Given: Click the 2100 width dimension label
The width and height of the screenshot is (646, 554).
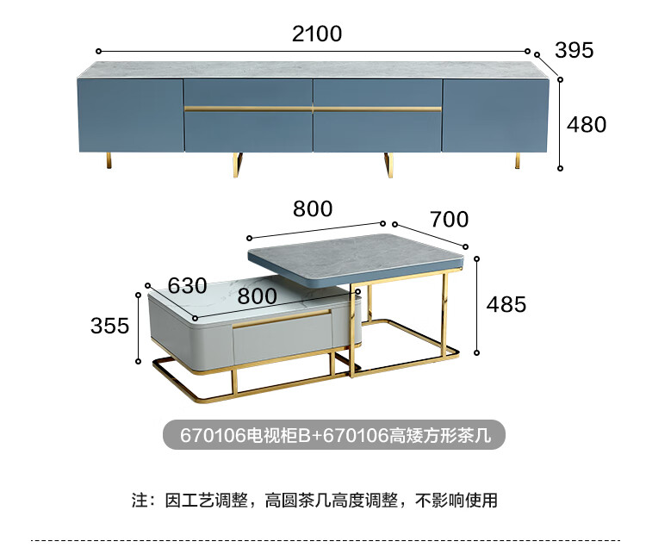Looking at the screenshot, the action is [x=317, y=34].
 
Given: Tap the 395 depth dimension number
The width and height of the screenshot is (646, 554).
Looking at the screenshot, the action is [x=575, y=50].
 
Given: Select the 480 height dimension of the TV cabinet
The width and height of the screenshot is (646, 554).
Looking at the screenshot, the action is [x=587, y=124].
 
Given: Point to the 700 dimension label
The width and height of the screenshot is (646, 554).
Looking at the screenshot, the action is [x=450, y=220].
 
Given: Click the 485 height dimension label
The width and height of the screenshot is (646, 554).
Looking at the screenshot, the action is [x=506, y=303].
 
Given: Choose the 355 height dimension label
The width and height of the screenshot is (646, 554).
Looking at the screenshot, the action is [x=109, y=326].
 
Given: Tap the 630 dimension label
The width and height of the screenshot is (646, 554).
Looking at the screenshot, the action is [x=187, y=285].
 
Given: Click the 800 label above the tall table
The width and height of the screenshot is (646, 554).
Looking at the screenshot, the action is [x=312, y=208].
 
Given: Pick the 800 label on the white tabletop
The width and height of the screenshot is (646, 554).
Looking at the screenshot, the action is [x=256, y=296].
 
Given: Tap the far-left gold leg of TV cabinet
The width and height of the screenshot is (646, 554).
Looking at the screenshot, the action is [x=109, y=160].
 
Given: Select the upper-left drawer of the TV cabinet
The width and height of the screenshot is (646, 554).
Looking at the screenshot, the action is [x=248, y=92].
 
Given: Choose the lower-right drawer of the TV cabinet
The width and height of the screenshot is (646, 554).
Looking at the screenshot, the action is [x=377, y=132].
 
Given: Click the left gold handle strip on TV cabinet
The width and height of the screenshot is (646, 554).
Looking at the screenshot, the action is [x=248, y=109].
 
